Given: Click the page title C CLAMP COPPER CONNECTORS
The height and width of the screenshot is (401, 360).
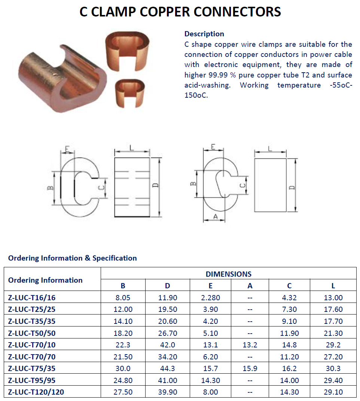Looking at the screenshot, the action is [180, 12].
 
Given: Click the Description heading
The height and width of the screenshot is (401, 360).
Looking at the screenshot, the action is [204, 34].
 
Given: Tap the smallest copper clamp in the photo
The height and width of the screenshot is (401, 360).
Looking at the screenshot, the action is [130, 93].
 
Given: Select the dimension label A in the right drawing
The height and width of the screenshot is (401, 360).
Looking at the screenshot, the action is [216, 217].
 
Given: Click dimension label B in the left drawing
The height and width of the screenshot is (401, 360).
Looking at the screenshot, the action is [51, 188].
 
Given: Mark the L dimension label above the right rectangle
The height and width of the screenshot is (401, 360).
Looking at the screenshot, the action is [270, 148].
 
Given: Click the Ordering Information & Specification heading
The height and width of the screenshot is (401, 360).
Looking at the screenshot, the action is [72, 258].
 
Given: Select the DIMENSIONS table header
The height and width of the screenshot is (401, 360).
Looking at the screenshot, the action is [229, 274].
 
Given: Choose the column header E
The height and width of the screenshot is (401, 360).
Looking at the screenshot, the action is [210, 286].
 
